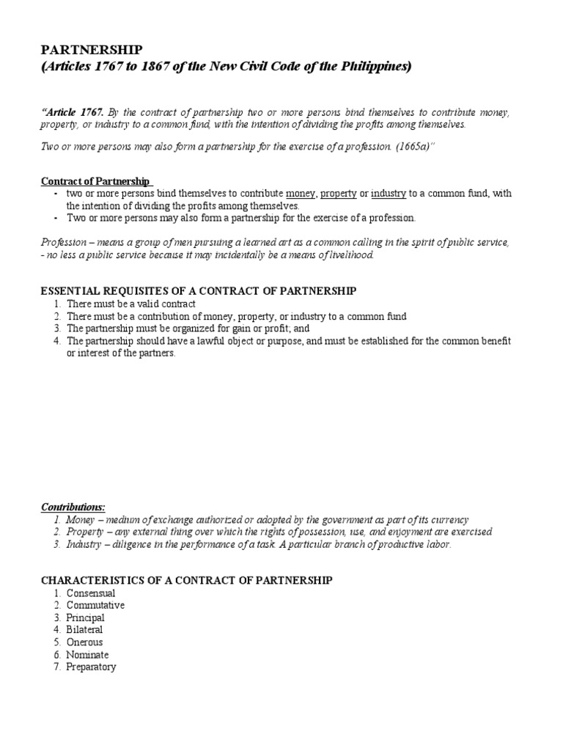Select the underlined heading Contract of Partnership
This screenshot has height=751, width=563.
click(95, 180)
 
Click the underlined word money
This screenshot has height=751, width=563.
click(300, 194)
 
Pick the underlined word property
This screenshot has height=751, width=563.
click(338, 194)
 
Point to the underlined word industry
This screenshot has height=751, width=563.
click(389, 194)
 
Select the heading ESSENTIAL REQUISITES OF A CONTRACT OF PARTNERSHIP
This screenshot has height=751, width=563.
click(198, 291)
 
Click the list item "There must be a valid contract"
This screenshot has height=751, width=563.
click(132, 304)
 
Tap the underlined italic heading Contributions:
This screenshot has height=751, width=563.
click(73, 507)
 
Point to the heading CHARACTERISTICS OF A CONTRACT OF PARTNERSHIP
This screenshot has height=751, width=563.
click(186, 580)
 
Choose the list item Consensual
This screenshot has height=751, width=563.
click(91, 593)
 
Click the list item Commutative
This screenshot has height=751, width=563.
click(95, 605)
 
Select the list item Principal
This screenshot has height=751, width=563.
click(86, 618)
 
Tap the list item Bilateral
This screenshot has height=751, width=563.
click(84, 629)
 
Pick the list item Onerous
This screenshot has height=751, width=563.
click(84, 642)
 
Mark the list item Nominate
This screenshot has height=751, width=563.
click(87, 654)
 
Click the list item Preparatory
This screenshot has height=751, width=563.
click(91, 667)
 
